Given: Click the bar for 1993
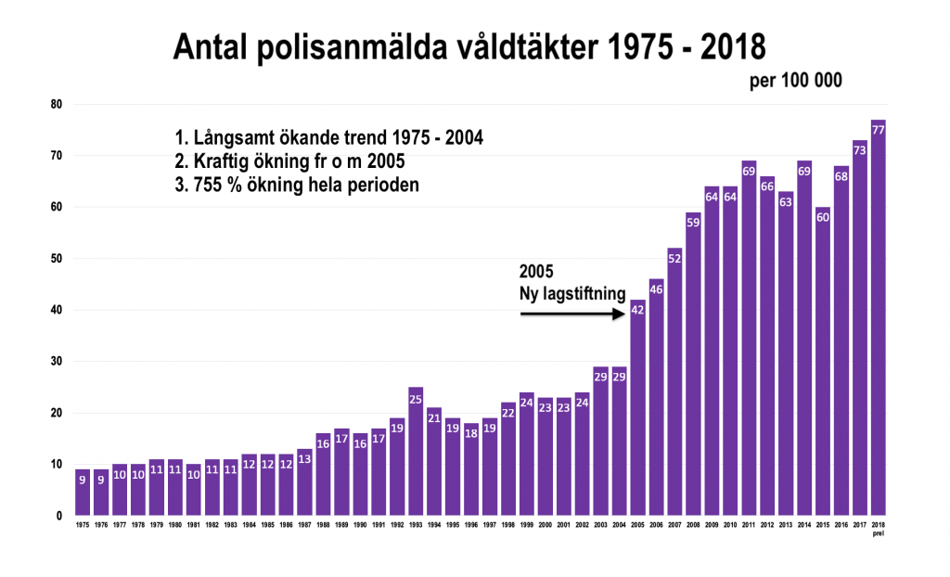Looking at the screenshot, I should pyautogui.click(x=416, y=452).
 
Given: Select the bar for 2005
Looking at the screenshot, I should pyautogui.click(x=638, y=408).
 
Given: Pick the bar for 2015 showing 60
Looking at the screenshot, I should pyautogui.click(x=822, y=362).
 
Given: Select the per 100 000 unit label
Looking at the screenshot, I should pyautogui.click(x=797, y=81).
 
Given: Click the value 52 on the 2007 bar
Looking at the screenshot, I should pyautogui.click(x=674, y=259).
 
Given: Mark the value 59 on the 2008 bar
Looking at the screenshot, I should pyautogui.click(x=693, y=223).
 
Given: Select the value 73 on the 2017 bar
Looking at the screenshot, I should pyautogui.click(x=859, y=150).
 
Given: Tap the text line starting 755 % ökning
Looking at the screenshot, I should pyautogui.click(x=296, y=185).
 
